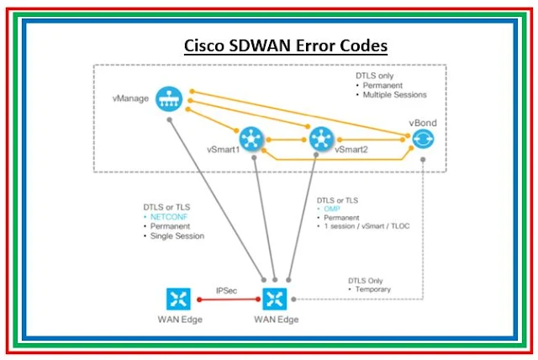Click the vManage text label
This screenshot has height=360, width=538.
tap(130, 99)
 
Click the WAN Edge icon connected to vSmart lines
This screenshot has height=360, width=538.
tap(275, 299)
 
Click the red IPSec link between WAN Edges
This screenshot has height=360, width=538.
tap(227, 299)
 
